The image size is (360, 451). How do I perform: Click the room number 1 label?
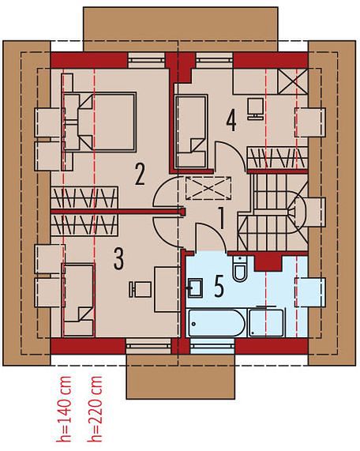click(x=221, y=218)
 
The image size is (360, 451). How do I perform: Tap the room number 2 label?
click(x=140, y=175)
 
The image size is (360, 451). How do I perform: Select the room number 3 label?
click(x=118, y=259)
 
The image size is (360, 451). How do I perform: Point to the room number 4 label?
click(x=231, y=121)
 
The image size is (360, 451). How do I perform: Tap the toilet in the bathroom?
click(x=239, y=269)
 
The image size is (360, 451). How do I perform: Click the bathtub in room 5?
click(x=216, y=322)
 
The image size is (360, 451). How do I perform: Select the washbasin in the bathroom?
click(x=196, y=288)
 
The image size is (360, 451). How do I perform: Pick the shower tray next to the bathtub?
click(x=266, y=322)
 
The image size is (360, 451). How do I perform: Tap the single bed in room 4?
click(x=191, y=131)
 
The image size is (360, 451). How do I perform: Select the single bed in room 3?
click(x=79, y=299)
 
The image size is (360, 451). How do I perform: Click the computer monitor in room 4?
click(x=255, y=109)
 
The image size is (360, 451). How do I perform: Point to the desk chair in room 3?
click(x=140, y=289)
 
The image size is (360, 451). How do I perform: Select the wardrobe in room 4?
click(x=276, y=158)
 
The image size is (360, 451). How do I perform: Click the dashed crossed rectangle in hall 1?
click(x=208, y=188)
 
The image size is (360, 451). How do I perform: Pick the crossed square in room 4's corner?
click(x=293, y=81)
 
